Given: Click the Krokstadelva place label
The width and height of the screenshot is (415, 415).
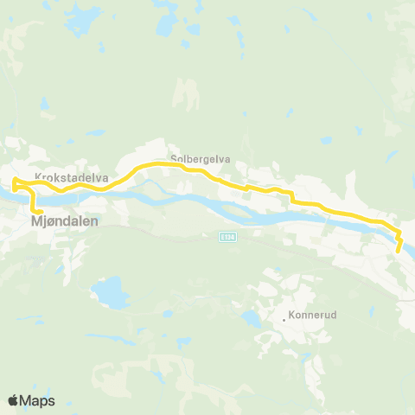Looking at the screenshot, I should click(71, 177).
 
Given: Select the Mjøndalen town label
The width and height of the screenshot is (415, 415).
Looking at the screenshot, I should click(66, 221).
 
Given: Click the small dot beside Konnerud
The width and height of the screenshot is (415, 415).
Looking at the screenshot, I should click(284, 319).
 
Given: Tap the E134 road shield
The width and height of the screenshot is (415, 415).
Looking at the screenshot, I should click(227, 237).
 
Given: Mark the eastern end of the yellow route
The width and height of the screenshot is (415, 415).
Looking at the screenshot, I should click(398, 252).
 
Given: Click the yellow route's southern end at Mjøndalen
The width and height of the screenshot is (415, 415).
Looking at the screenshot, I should click(41, 211).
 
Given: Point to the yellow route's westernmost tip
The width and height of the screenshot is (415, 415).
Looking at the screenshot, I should click(13, 182).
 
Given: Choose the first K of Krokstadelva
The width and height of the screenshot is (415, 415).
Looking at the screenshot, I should click(38, 177).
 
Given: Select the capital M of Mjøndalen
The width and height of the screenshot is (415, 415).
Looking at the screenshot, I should click(36, 221).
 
